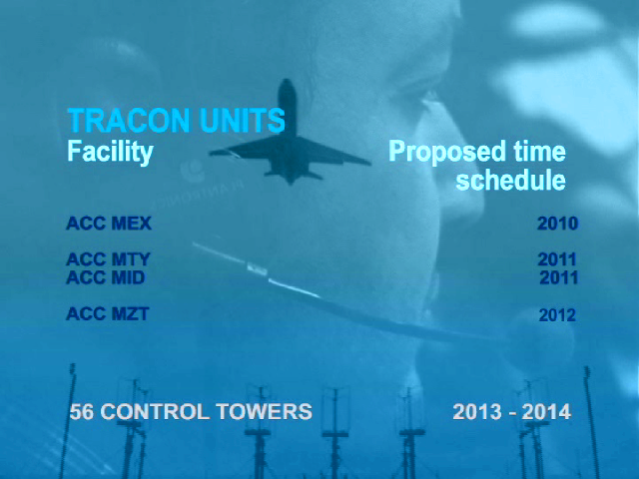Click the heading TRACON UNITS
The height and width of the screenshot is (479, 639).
(176, 121)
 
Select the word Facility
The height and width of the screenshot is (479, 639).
(110, 153)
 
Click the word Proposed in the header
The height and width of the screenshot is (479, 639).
(447, 153)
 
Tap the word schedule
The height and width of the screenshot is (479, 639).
(511, 180)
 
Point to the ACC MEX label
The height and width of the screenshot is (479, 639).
(109, 224)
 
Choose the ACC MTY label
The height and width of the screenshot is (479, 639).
(109, 259)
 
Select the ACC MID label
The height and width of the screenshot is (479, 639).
(106, 277)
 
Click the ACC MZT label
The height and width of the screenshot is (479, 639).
(108, 313)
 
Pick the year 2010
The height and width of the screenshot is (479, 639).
(557, 224)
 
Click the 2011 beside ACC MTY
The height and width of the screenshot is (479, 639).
(557, 259)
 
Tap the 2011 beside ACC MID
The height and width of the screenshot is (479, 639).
(559, 277)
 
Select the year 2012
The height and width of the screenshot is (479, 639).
(557, 315)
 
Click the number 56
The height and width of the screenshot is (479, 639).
(82, 411)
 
